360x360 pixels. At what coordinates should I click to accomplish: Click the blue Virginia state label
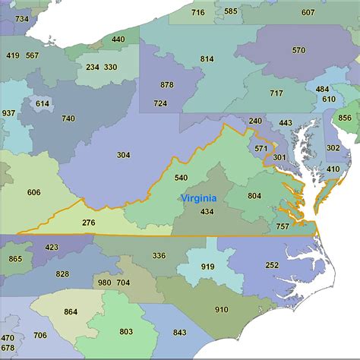point(197,197)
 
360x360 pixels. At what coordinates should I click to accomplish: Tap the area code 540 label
point(181,178)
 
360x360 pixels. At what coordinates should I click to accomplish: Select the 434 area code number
point(207,211)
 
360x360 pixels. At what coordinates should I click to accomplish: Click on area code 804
point(254,196)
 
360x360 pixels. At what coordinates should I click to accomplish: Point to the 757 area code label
point(282,226)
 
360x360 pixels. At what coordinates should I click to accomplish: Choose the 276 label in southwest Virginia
point(89,223)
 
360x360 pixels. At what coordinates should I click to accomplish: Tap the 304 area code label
point(123,155)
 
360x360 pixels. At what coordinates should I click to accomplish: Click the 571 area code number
point(261,148)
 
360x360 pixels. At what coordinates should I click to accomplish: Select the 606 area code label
point(33,192)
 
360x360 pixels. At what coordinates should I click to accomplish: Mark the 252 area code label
point(272,265)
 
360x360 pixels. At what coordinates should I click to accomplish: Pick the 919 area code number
point(207,267)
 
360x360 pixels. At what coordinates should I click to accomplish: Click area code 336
point(159,256)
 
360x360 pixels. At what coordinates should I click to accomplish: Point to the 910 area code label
point(221,309)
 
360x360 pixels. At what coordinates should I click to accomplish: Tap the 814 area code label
point(207,59)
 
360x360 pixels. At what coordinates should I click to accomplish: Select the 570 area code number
point(298,50)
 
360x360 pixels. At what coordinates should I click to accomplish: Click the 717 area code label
point(275,93)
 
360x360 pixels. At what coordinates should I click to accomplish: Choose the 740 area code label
point(68,118)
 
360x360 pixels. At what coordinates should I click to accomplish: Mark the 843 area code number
point(179,332)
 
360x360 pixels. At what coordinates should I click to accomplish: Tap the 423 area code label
point(52,247)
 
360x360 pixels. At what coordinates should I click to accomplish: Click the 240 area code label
point(255,121)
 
